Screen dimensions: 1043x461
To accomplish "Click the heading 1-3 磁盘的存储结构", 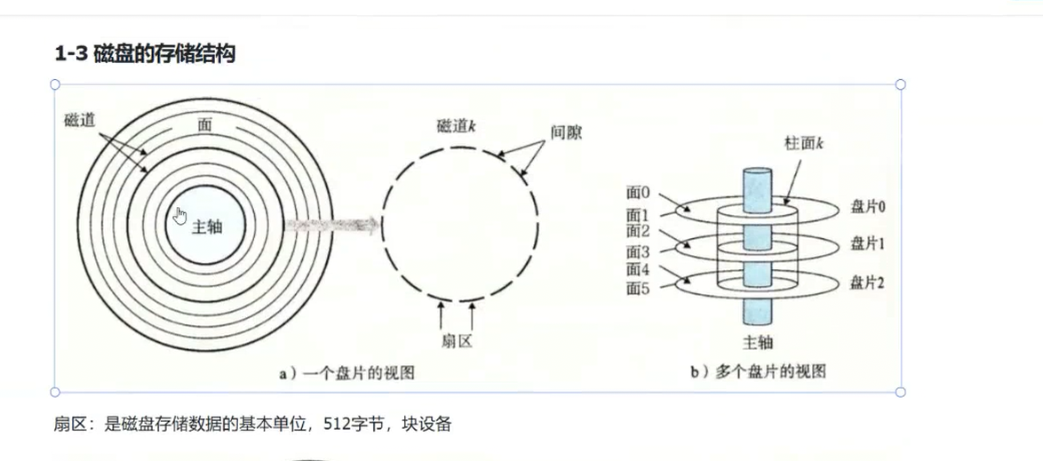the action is pos(145,55).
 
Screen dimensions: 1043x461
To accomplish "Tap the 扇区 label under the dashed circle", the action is pos(457,343).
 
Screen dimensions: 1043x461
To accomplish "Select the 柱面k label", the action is pos(806,144).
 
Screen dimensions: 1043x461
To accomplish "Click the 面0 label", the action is pos(638,191).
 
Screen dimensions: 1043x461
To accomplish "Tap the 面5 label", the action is pos(638,289).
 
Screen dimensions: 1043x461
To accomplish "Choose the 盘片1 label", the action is pos(868,243).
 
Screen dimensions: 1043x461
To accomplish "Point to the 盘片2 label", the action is pos(868,282).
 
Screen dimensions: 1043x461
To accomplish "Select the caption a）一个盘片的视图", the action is pos(347,374).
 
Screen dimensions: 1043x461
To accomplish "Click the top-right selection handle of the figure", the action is pos(900,84).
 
